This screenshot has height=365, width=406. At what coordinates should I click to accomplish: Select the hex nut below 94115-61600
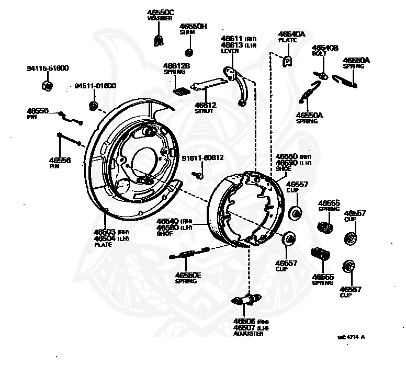pyautogui.click(x=46, y=85)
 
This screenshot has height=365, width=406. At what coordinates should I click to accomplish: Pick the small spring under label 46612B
pyautogui.click(x=181, y=89)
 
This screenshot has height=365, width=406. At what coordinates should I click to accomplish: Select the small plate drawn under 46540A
pyautogui.click(x=287, y=62)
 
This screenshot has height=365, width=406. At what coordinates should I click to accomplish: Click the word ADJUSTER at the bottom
pyautogui.click(x=249, y=333)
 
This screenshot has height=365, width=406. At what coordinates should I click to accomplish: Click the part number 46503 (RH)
pyautogui.click(x=111, y=232)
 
